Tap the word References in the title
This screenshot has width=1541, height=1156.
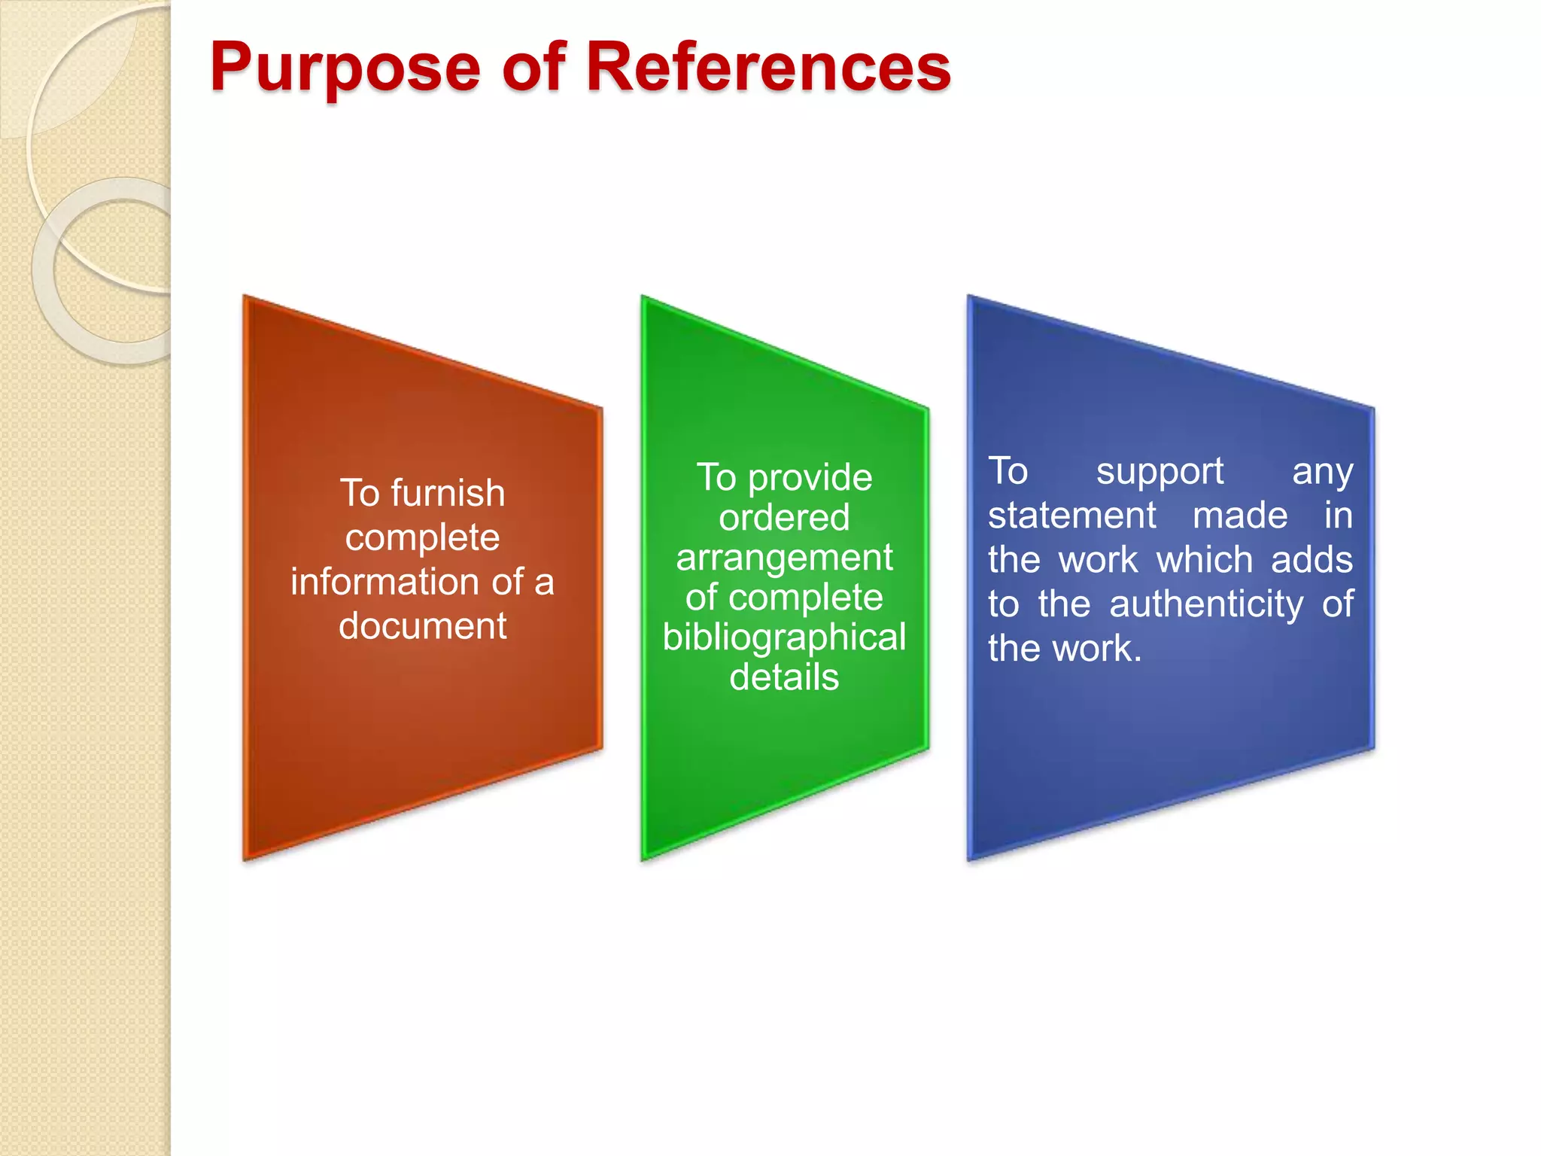coord(767,68)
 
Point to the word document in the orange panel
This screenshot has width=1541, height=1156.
coord(422,626)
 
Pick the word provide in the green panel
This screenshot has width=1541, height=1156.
coord(810,478)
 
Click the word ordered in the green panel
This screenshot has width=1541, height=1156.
coord(784,518)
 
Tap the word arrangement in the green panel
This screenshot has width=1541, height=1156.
coord(784,558)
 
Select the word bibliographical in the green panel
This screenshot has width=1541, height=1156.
coord(784,637)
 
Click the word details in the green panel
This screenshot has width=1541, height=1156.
coord(784,677)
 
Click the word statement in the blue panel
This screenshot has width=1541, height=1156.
coord(1071,516)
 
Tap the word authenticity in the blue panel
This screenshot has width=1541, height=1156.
coord(1206,604)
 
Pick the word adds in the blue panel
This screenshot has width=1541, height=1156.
coord(1312,561)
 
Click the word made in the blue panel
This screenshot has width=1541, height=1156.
coord(1240,516)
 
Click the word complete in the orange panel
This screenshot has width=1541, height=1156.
coord(422,538)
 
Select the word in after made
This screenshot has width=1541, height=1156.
coord(1338,516)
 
